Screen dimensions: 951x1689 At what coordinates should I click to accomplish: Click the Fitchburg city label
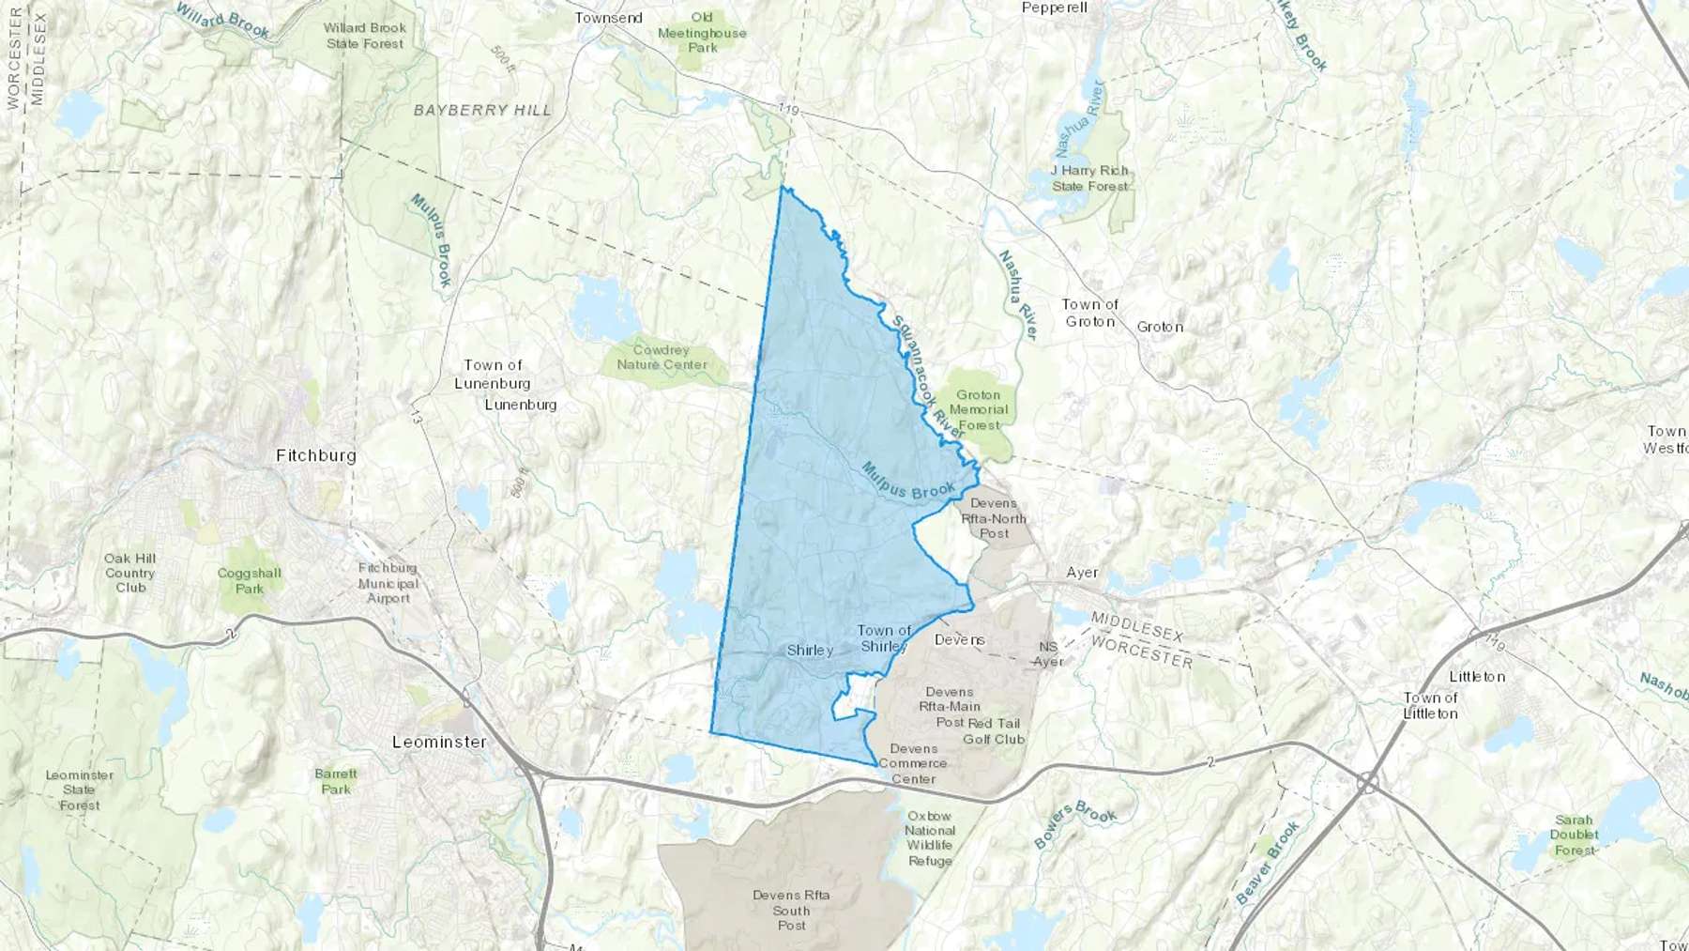pos(316,455)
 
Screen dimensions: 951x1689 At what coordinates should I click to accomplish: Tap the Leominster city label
pos(439,742)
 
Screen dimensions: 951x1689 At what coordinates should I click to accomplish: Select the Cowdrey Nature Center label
pos(662,357)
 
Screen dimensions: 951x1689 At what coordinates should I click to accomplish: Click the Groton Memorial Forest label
pos(979,410)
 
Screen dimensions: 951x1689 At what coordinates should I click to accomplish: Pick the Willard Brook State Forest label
pos(365,36)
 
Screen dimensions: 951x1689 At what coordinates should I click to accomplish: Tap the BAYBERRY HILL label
pos(483,110)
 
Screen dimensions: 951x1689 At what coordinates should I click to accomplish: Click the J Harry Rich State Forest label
pos(1089,178)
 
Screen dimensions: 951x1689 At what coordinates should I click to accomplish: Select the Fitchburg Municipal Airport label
pos(388,583)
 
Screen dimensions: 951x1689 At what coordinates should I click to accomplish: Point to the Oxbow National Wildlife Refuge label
pos(930,838)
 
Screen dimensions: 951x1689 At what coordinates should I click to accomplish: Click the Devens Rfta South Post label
pos(791,910)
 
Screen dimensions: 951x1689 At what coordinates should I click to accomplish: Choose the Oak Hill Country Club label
pos(130,573)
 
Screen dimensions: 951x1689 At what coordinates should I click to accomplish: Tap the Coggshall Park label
pos(250,580)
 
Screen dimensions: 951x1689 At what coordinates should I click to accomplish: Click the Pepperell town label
pos(1054,8)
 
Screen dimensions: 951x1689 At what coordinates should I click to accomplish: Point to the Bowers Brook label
pos(1075,823)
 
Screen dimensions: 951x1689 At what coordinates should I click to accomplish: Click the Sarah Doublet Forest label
pos(1574,835)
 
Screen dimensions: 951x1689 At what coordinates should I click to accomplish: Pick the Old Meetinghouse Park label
pos(702,32)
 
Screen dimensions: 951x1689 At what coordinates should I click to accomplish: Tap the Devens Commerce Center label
pos(913,763)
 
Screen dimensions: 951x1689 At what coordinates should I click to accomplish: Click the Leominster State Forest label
pos(80,790)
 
